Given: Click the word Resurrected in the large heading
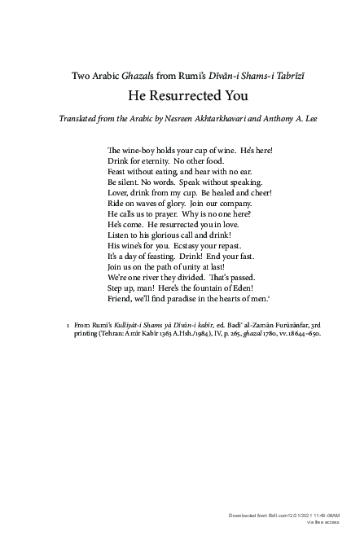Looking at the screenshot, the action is (x=181, y=95).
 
